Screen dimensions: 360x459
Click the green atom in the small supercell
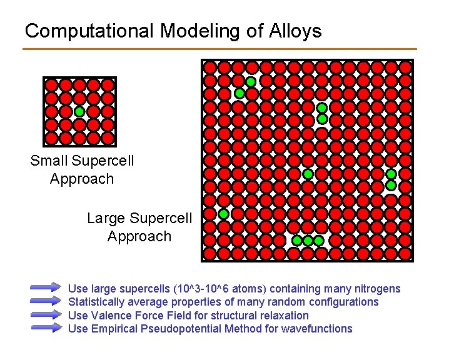79,112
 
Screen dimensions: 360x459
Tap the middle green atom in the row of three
308,241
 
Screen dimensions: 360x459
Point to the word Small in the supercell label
49,161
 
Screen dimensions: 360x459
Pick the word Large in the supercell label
107,218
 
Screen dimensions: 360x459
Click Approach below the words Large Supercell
139,236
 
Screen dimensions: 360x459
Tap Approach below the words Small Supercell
82,179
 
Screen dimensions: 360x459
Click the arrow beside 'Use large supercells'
46,288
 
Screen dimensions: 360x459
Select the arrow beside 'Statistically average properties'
46,302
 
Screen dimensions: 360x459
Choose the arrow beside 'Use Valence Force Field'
46,315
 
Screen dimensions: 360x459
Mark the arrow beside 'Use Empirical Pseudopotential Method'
46,329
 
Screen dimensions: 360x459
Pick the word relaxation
284,316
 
